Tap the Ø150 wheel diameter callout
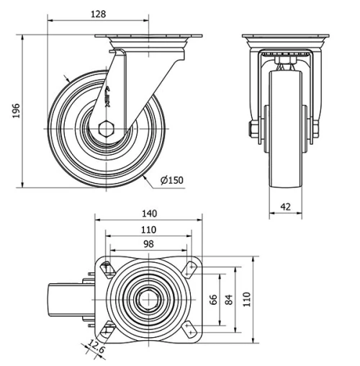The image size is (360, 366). click(172, 179)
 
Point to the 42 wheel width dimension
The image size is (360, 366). click(285, 207)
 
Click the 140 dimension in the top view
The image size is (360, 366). click(149, 214)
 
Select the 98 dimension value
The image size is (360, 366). click(148, 244)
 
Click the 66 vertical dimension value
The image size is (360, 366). click(214, 299)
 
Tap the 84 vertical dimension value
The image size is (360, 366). click(230, 299)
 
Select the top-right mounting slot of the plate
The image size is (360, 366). click(191, 267)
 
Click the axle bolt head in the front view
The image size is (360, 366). click(254, 130)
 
